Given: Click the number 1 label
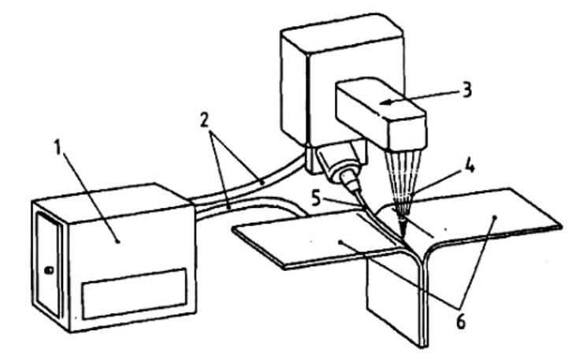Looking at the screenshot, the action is tap(58, 147).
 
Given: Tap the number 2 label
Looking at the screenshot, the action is tap(205, 120).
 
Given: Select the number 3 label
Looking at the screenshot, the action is tap(466, 90).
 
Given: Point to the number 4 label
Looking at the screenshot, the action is tap(470, 165).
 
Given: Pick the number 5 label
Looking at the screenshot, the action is tap(317, 199).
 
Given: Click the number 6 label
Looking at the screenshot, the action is tap(461, 322).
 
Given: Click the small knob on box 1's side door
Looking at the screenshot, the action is tap(49, 270).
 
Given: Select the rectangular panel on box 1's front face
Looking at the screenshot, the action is tap(135, 294).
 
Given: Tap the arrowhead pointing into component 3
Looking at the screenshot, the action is tap(385, 102).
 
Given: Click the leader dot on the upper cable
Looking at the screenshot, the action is tap(262, 181).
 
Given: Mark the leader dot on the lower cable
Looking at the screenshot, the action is tap(229, 208).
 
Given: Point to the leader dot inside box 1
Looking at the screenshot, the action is tap(117, 241).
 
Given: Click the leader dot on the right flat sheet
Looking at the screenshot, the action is tap(495, 217).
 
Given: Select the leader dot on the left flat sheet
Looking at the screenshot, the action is tap(341, 242).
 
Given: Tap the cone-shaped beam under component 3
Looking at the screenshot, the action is tap(402, 184).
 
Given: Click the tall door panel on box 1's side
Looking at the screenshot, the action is tap(48, 265).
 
